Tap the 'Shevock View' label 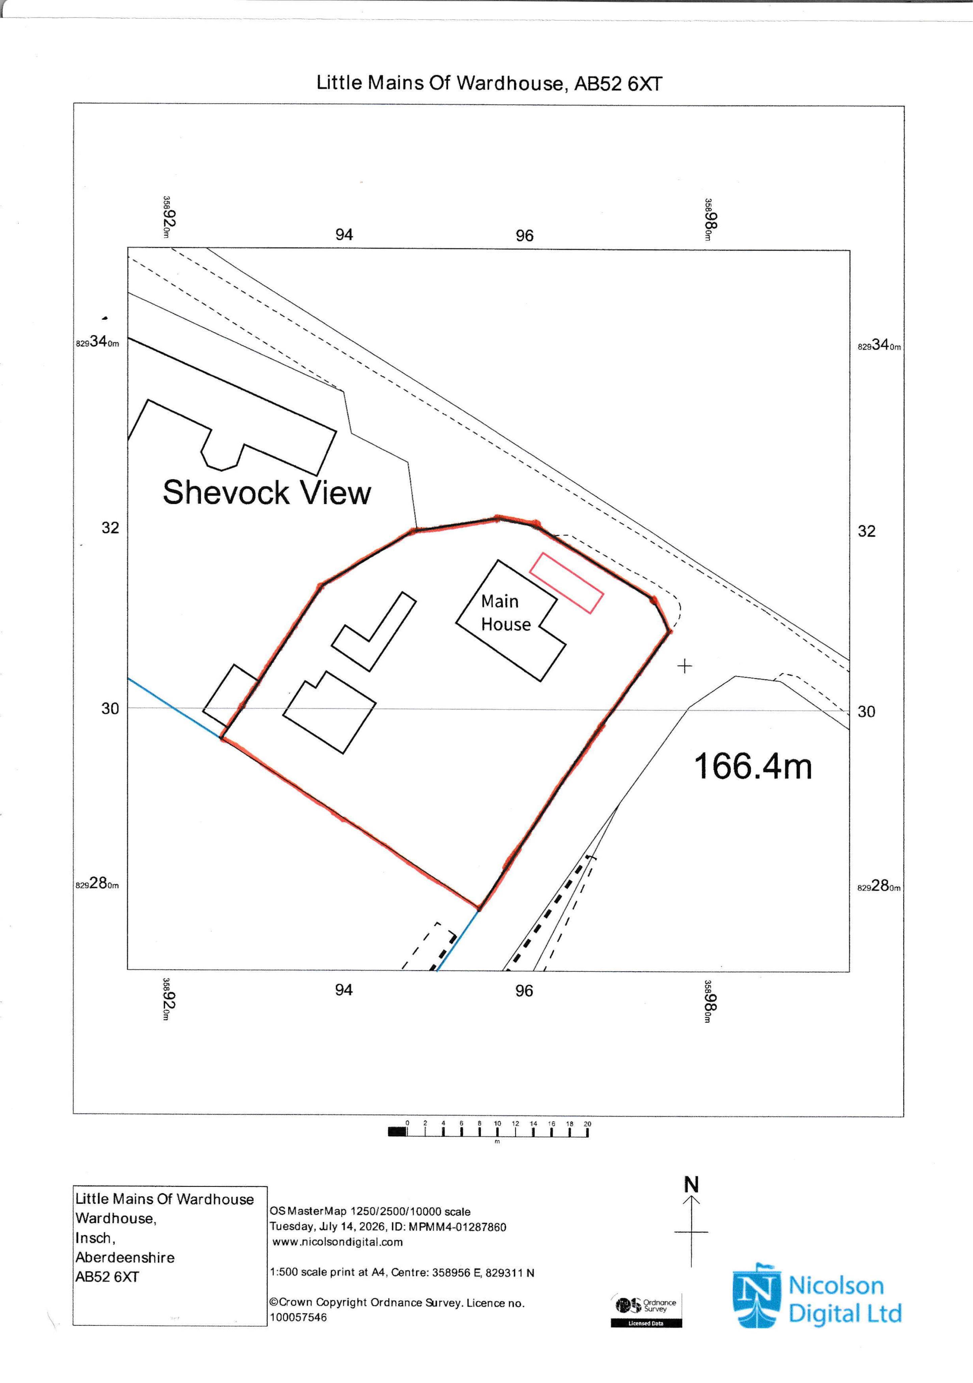click(x=267, y=493)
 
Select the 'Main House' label click(x=506, y=612)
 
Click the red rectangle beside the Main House click(x=566, y=583)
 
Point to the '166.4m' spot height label click(x=753, y=767)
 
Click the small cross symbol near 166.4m click(x=685, y=666)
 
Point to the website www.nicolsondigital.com click(x=337, y=1242)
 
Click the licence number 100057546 click(x=298, y=1317)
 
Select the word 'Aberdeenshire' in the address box click(x=125, y=1258)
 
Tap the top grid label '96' click(x=524, y=236)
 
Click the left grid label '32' click(x=110, y=528)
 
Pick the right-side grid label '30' click(x=866, y=711)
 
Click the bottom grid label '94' click(x=343, y=990)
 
